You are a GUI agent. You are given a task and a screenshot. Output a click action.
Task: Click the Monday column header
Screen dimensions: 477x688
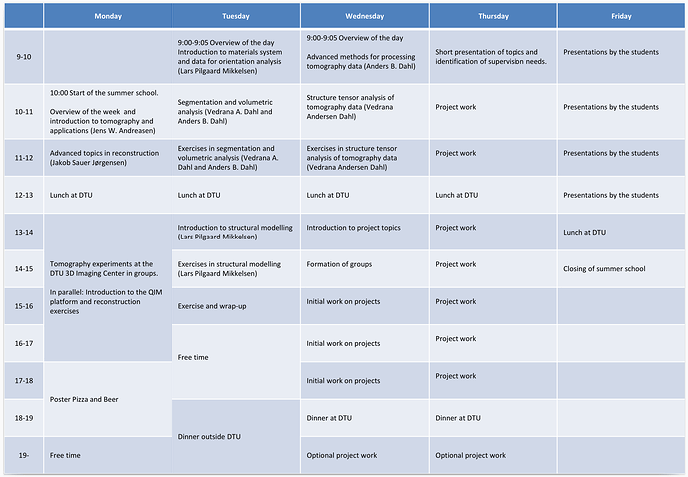pyautogui.click(x=108, y=16)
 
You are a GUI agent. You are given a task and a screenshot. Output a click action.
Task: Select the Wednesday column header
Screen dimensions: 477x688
pyautogui.click(x=365, y=16)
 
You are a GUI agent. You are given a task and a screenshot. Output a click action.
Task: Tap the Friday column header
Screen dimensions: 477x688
pyautogui.click(x=621, y=16)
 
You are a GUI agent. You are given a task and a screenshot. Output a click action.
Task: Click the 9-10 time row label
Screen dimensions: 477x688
pyautogui.click(x=24, y=57)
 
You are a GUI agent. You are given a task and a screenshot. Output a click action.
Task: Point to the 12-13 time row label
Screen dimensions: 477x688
pyautogui.click(x=24, y=195)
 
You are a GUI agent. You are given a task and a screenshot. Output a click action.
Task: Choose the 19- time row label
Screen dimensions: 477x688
pyautogui.click(x=24, y=455)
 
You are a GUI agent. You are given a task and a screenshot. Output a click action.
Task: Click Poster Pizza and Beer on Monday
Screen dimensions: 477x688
pyautogui.click(x=84, y=399)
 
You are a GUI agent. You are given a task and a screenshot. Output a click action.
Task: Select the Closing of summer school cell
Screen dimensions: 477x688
pyautogui.click(x=604, y=269)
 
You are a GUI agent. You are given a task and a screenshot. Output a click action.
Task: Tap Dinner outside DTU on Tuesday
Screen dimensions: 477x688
pyautogui.click(x=209, y=436)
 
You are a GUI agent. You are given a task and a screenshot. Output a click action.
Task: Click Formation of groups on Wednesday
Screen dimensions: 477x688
pyautogui.click(x=340, y=264)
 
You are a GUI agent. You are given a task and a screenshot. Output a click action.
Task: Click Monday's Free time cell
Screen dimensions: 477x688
pyautogui.click(x=65, y=455)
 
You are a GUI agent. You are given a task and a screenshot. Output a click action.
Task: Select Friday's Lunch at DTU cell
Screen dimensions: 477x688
pyautogui.click(x=585, y=232)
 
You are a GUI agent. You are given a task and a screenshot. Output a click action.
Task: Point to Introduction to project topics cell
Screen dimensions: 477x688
pyautogui.click(x=353, y=228)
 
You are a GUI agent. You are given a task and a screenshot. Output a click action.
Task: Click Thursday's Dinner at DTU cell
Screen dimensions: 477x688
pyautogui.click(x=458, y=418)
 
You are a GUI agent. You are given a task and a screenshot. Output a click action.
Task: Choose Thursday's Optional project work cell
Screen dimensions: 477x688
pyautogui.click(x=470, y=455)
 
